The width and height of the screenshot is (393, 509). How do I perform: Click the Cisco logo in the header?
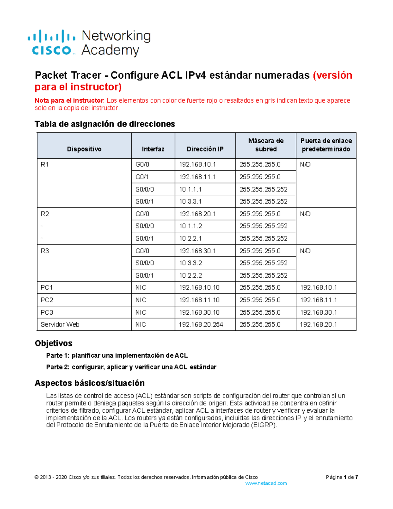[52, 43]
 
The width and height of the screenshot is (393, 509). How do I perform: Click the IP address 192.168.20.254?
[201, 324]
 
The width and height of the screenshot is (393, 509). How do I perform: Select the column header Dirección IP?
[205, 149]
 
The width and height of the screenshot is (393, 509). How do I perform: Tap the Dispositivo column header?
[84, 149]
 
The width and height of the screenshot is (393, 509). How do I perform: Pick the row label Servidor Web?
[60, 324]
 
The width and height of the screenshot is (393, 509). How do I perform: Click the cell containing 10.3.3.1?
[190, 202]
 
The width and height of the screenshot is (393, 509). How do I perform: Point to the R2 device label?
[45, 214]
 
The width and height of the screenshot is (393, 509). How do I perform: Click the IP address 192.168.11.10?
[199, 300]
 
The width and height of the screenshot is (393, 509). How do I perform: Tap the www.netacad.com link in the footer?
[266, 483]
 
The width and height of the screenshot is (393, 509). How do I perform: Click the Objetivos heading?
[53, 343]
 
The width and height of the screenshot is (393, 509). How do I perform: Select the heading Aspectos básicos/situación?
[89, 383]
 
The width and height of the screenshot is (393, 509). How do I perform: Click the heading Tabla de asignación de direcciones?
[105, 124]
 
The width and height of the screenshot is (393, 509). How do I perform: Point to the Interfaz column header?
[153, 149]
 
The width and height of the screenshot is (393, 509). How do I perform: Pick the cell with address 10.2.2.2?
[190, 275]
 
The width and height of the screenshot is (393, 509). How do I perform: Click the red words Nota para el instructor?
[69, 101]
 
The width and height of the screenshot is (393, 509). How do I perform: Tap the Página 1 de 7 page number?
[342, 477]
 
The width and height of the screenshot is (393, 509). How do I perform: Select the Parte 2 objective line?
[131, 367]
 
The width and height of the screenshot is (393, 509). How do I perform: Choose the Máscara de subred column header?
[266, 145]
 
